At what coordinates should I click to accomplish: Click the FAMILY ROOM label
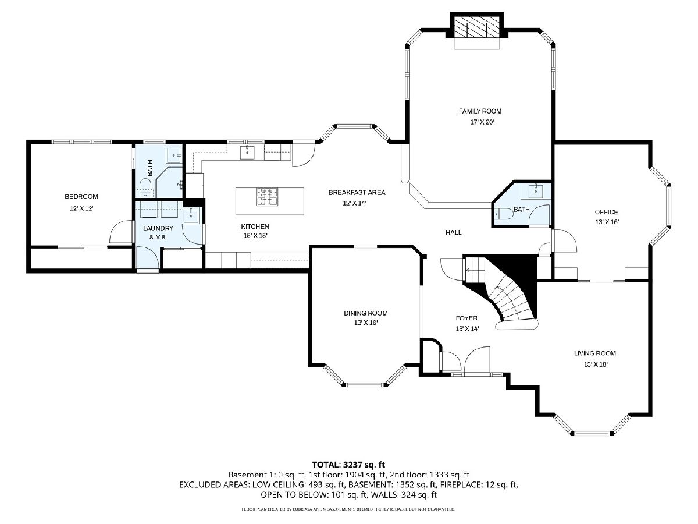[480, 111]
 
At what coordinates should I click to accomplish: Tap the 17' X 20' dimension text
[482, 122]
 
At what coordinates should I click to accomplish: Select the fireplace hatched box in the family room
[476, 27]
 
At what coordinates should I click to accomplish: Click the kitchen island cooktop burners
[267, 196]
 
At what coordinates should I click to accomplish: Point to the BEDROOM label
[81, 196]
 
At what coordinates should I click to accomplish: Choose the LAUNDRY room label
[158, 228]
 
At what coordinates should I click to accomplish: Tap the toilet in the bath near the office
[502, 214]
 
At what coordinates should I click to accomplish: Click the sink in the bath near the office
[536, 191]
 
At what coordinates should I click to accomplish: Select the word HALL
[454, 232]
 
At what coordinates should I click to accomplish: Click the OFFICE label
[607, 212]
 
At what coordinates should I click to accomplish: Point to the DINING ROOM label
[366, 313]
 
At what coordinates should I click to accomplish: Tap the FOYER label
[466, 318]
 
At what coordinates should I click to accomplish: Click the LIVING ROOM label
[595, 353]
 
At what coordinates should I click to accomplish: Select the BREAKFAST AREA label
[357, 193]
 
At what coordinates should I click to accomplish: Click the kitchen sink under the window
[247, 152]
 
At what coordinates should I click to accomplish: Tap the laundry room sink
[191, 215]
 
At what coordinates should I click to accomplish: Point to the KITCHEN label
[255, 226]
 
